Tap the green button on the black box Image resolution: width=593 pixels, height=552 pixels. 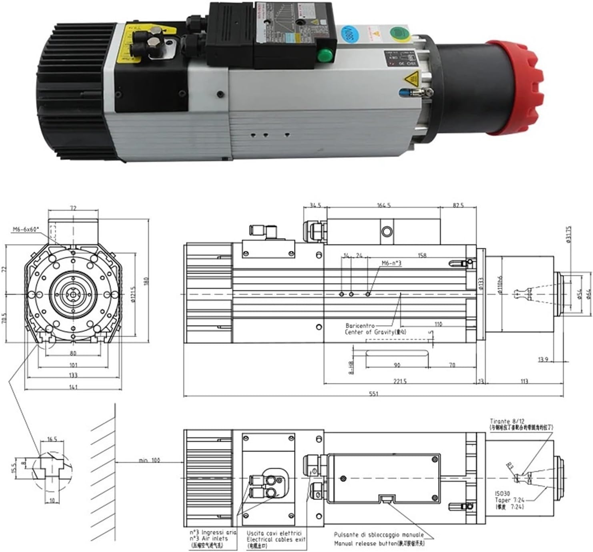point(325,55)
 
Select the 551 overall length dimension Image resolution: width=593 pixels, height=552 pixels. point(373,394)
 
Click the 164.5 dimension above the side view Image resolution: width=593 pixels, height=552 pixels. point(383,205)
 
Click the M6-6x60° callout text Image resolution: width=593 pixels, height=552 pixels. point(26,229)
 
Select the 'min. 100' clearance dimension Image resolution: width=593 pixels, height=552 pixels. point(149,460)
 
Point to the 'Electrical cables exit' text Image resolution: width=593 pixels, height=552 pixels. point(276,540)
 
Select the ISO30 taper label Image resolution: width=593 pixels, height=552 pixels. point(503,494)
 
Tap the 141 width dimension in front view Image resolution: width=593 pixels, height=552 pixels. point(73,387)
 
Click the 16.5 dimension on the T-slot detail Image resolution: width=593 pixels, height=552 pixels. point(52,439)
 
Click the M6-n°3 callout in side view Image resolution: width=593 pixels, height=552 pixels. point(391,263)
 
